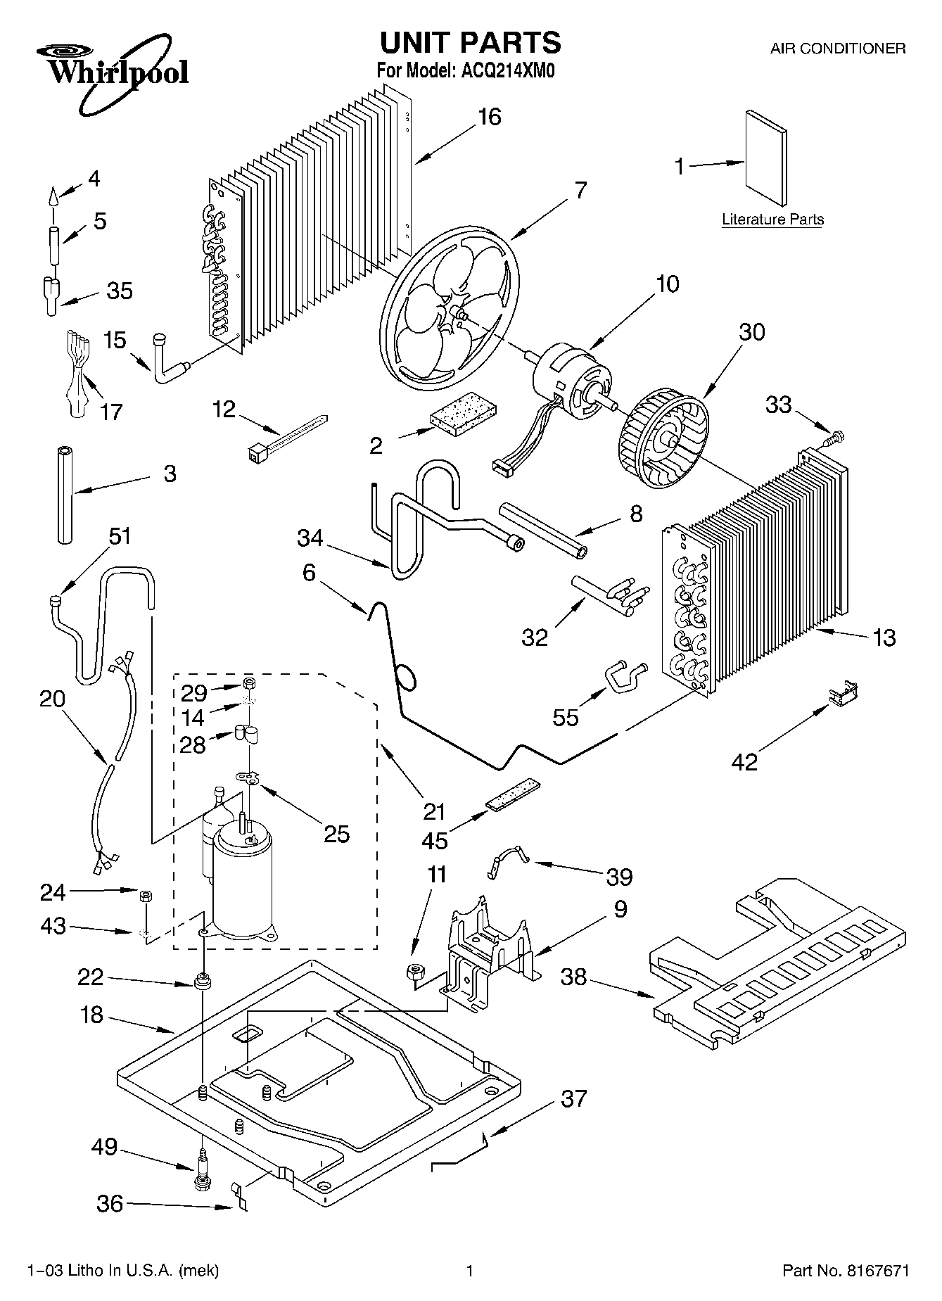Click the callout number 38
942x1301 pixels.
point(574,977)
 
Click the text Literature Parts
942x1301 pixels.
point(772,220)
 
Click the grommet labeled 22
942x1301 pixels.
point(203,980)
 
